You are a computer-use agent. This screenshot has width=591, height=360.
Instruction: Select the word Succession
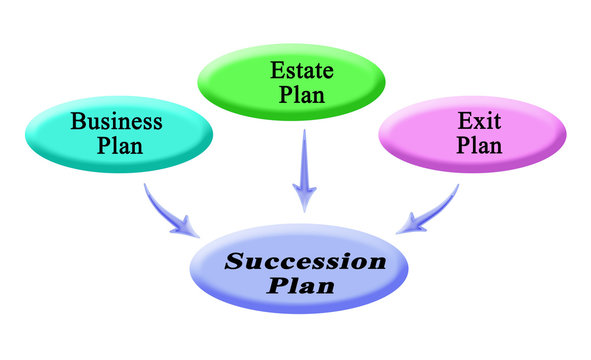click(x=304, y=263)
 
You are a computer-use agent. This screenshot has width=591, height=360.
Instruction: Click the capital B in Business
click(x=77, y=123)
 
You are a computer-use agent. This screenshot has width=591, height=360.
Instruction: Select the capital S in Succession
click(x=232, y=263)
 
